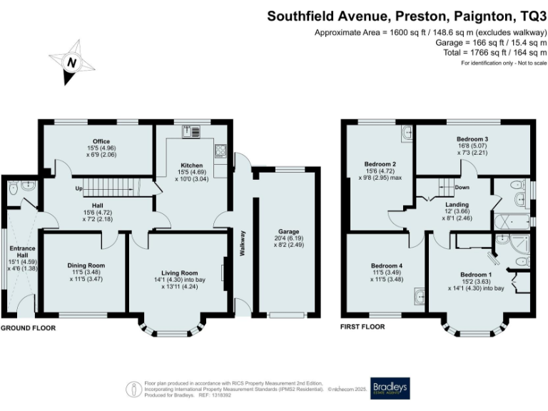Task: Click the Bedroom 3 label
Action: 472,139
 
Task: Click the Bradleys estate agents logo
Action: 390,387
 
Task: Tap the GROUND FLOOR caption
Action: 28,328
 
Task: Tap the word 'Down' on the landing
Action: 462,188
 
